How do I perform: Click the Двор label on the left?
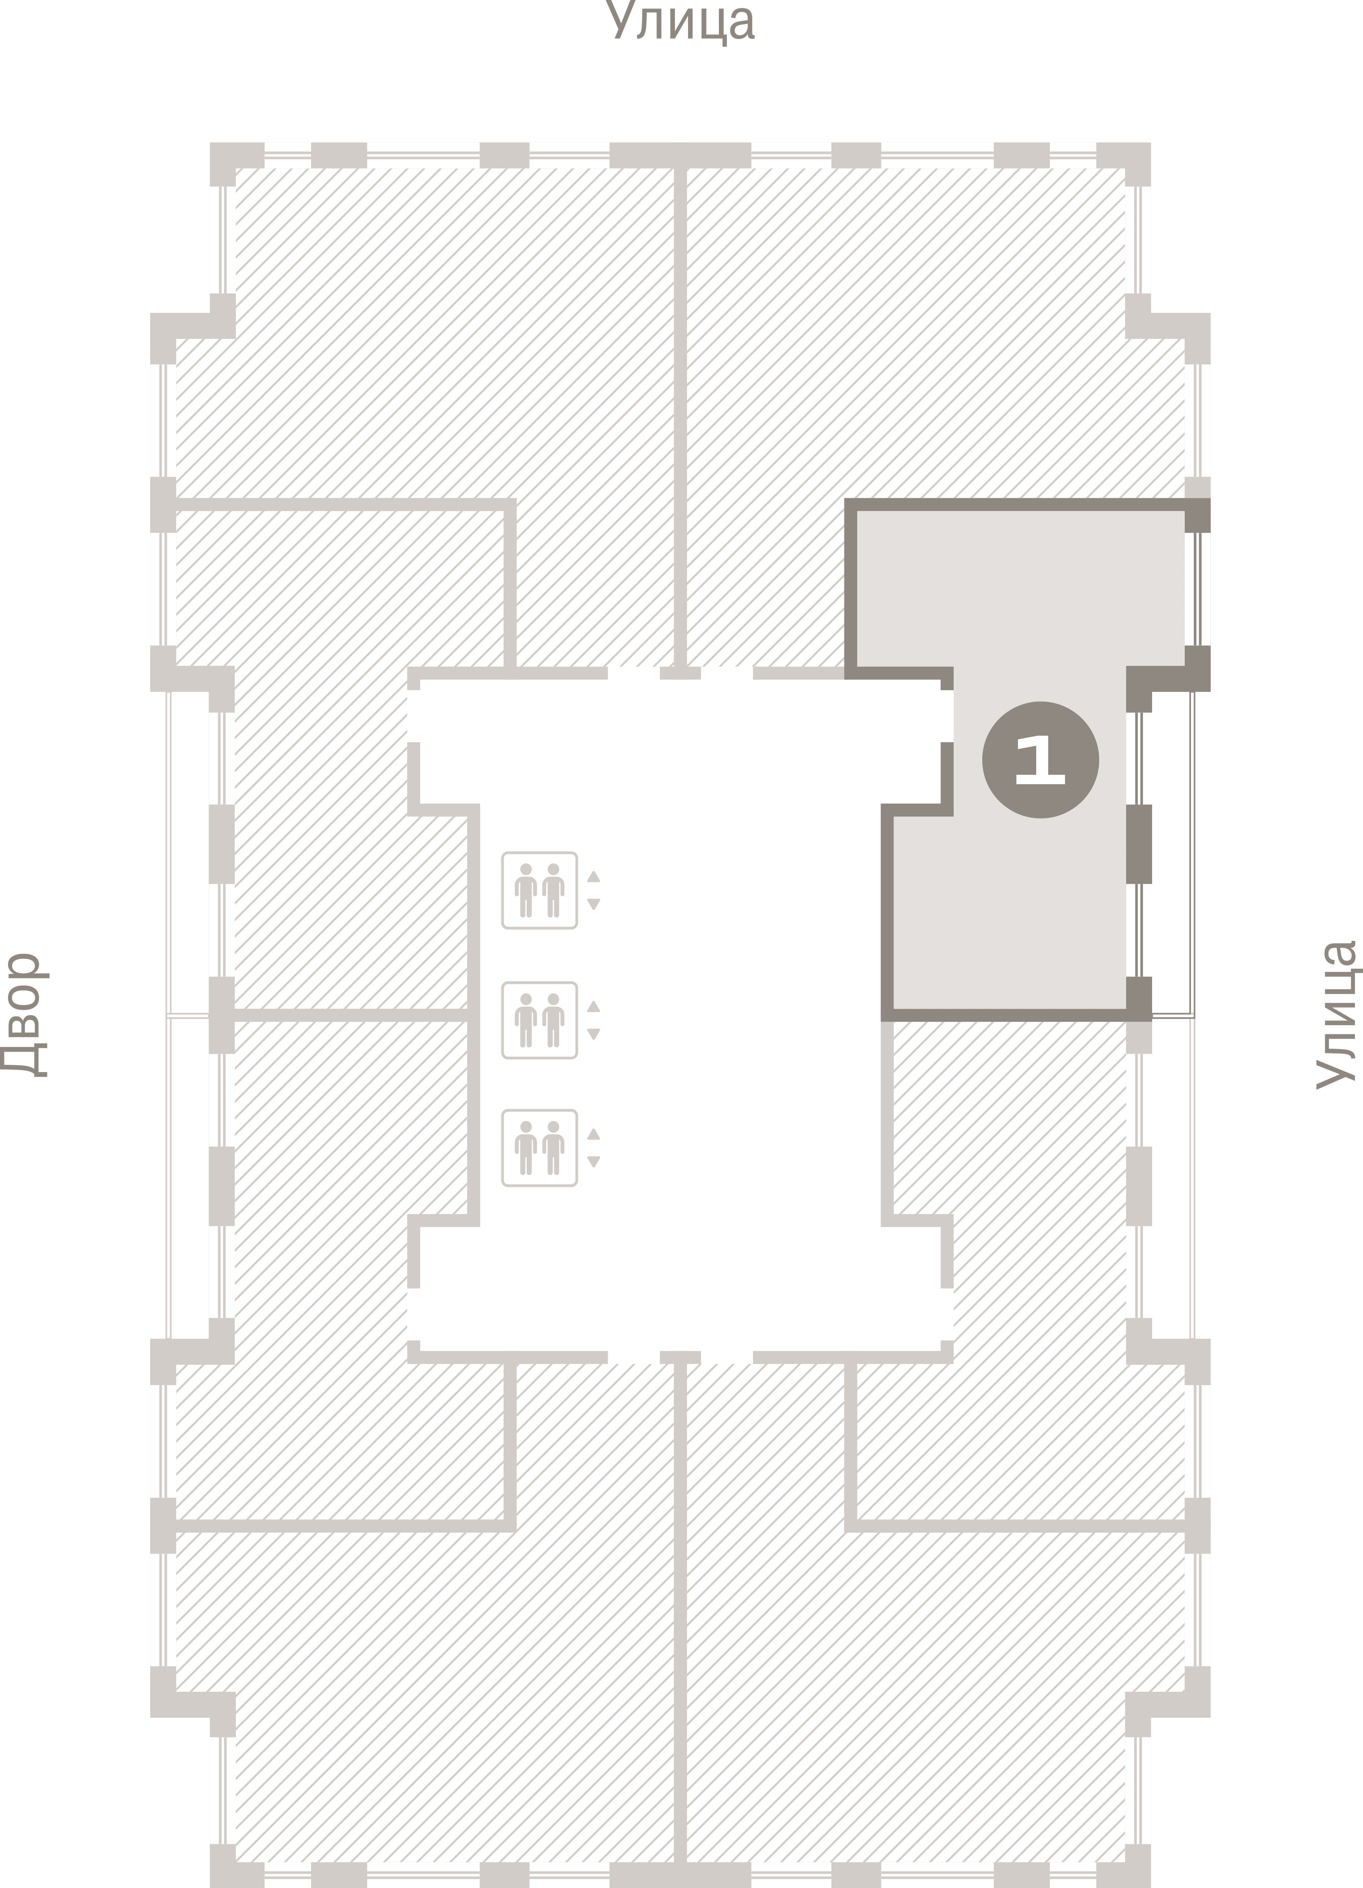click(x=23, y=1016)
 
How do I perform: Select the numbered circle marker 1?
click(x=1040, y=759)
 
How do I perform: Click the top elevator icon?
click(x=540, y=890)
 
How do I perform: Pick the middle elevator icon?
click(x=540, y=1020)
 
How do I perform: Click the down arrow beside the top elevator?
click(x=594, y=904)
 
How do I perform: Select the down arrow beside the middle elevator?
click(x=594, y=1034)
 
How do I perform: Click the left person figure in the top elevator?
click(x=525, y=890)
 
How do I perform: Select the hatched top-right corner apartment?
click(x=916, y=333)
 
